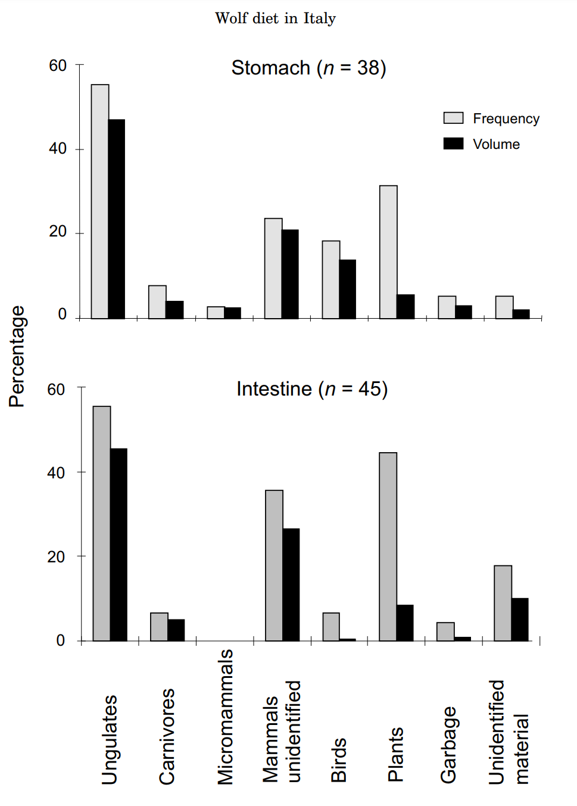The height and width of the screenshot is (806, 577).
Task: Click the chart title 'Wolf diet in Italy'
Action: tap(275, 18)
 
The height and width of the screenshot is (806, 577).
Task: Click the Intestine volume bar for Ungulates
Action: tap(118, 544)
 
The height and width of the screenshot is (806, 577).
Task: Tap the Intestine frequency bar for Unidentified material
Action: tap(503, 603)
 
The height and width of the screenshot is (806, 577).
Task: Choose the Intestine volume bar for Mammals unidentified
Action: tap(291, 584)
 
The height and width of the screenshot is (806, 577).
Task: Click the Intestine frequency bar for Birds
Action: tap(331, 627)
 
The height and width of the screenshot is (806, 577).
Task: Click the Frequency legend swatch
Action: tap(453, 118)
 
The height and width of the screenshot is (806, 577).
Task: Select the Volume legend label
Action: tap(496, 144)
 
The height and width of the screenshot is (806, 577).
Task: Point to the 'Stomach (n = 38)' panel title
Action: tap(308, 68)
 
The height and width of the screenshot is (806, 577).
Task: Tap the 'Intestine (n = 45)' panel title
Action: tap(312, 389)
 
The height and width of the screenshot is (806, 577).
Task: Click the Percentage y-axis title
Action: tap(17, 356)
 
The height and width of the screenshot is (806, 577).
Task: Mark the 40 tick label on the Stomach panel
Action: tap(58, 148)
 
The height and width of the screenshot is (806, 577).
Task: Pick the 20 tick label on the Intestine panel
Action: tap(57, 557)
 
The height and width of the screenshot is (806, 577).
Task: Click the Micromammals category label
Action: tap(225, 717)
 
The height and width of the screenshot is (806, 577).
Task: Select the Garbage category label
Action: tap(448, 744)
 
